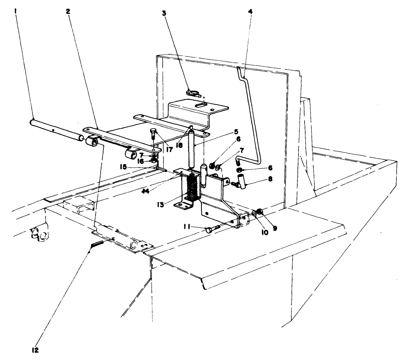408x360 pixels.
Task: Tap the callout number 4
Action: [250, 11]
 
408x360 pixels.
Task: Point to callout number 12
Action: [36, 350]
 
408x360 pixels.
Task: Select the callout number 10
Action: [264, 233]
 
